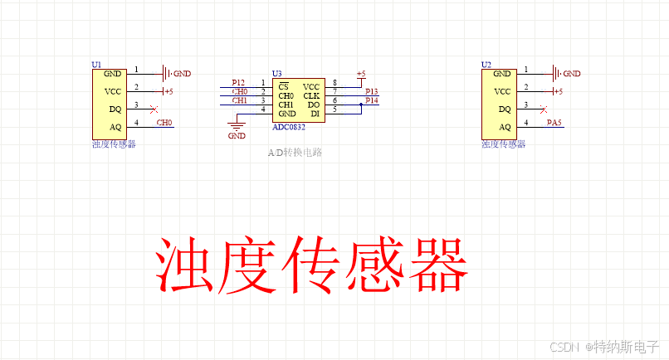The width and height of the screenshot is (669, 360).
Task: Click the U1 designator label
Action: point(96,64)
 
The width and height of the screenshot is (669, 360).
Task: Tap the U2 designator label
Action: point(486,64)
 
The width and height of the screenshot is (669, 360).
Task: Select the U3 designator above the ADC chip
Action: point(277,74)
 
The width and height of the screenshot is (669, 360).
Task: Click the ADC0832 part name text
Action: point(290,126)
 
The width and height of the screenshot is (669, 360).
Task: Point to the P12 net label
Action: point(238,83)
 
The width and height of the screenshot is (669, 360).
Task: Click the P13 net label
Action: point(371,92)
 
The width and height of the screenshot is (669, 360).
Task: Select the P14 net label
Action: point(371,101)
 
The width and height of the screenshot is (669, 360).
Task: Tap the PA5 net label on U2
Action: point(554,124)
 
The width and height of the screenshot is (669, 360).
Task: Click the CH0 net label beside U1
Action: point(164,123)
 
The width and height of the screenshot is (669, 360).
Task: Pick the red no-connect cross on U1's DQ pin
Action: point(153,109)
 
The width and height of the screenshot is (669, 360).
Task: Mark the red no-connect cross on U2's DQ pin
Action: point(543,109)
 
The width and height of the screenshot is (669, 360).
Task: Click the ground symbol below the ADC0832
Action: point(237,126)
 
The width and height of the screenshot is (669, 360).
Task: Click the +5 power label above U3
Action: point(360,74)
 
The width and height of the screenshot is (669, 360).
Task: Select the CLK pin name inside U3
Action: point(311,95)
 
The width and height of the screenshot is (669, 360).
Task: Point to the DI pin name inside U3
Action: point(315,114)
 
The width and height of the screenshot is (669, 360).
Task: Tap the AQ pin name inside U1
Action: point(114,127)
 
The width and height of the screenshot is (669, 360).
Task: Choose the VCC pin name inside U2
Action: point(503,91)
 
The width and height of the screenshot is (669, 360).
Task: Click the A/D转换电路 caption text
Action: point(295,153)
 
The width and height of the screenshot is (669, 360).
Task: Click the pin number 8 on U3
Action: point(334,83)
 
